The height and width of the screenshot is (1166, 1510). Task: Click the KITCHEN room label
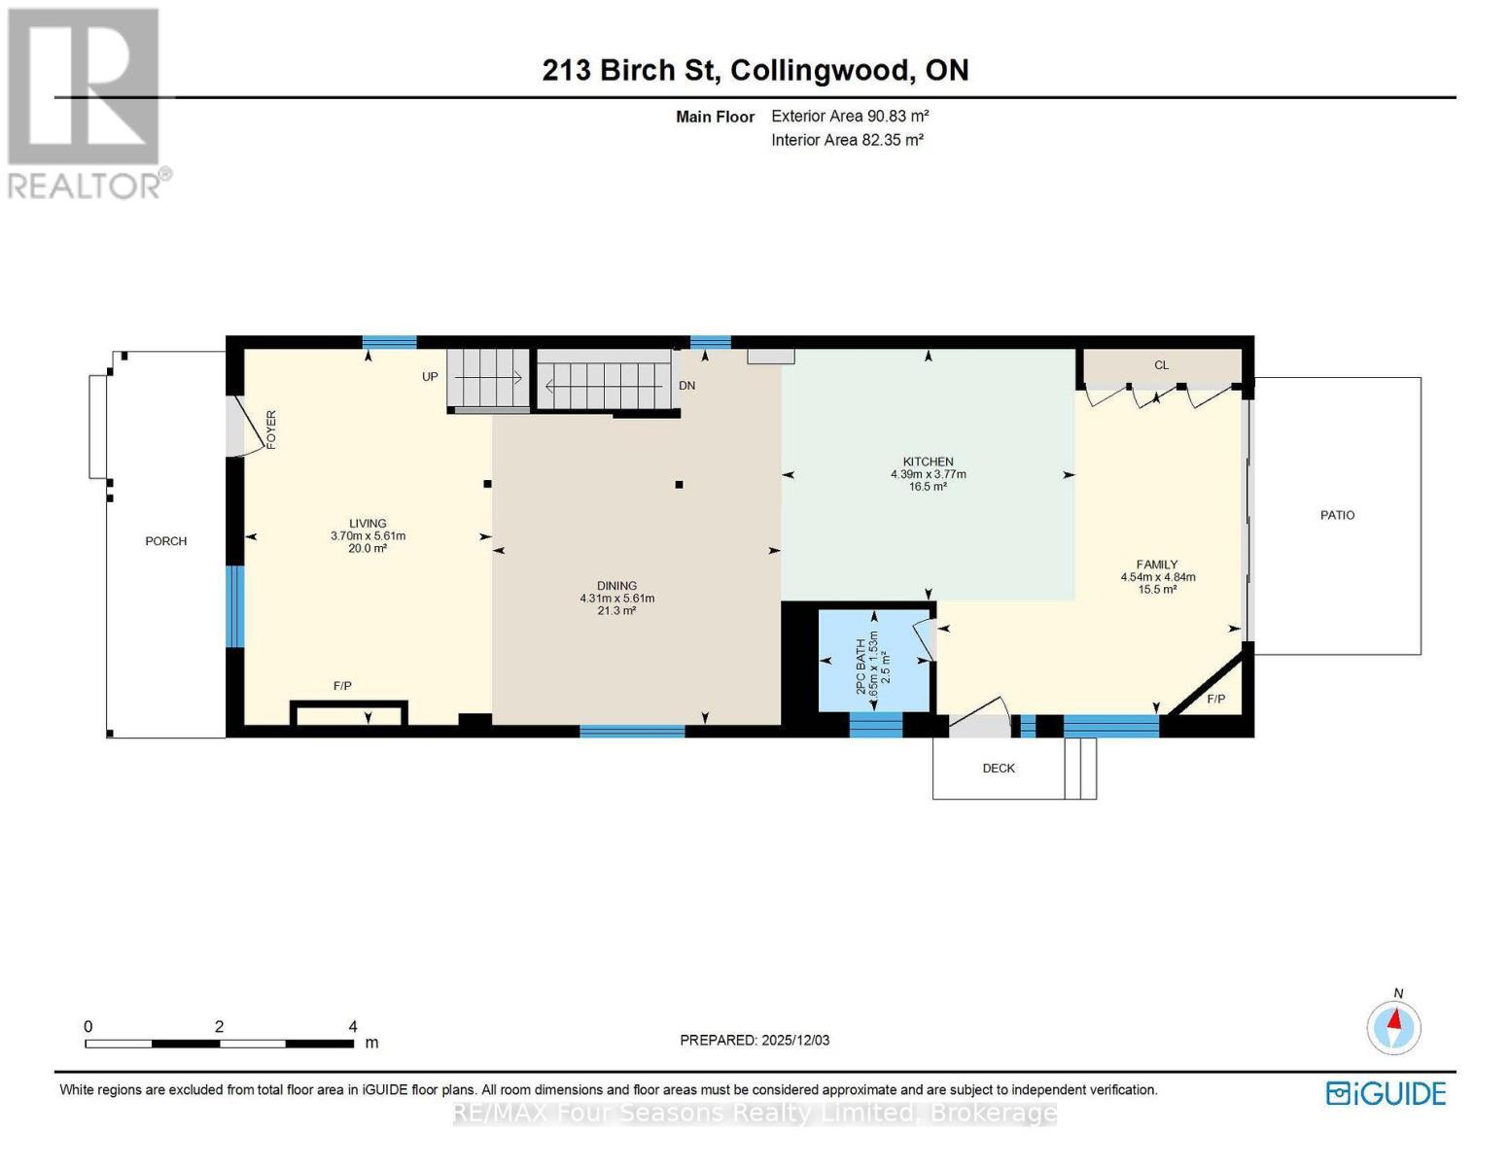coord(928,462)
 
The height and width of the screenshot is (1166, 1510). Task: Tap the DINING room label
coord(616,586)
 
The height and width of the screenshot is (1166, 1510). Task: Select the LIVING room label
coord(368,523)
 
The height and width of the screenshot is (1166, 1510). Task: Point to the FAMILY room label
coord(1157,564)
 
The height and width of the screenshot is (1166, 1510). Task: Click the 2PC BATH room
coord(874,661)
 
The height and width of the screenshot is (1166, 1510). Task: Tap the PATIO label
coord(1337,515)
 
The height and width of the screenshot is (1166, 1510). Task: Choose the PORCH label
coord(165,541)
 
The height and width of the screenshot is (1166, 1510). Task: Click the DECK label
coord(999,768)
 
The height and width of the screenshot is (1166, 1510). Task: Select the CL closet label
coord(1161,364)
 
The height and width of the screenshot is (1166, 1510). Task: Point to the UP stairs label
coord(430,376)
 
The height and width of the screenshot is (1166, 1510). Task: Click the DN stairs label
coord(686,386)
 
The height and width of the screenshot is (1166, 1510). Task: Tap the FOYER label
coord(271,429)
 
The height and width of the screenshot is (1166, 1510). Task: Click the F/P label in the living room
coord(342,685)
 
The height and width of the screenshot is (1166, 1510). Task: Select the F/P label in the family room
coord(1216,699)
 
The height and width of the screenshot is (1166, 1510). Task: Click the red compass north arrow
coord(1394,1019)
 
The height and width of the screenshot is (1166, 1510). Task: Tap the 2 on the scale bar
coord(219,1026)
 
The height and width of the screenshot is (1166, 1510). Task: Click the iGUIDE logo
coord(1386,1094)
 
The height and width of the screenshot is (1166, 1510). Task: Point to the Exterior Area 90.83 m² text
coord(850,116)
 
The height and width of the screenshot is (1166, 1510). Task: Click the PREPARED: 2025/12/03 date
coord(755,1040)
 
